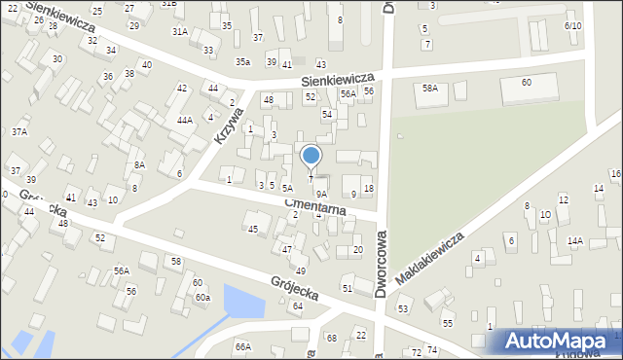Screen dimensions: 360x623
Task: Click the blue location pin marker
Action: point(311,157)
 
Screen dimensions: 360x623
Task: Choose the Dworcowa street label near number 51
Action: point(382,263)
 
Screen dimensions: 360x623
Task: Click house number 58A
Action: point(429,89)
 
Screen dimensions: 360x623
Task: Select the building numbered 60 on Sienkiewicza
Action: point(526,83)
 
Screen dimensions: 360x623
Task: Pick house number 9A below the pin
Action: point(320,195)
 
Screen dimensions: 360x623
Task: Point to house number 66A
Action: point(242,346)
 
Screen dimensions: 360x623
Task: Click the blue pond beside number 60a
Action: point(243,302)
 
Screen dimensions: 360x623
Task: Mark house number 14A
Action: point(574,240)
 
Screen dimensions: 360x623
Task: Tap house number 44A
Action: point(184,121)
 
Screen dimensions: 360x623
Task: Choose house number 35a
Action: point(242,62)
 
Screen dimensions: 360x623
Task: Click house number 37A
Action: point(19,131)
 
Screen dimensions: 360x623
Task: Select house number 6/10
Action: point(572,26)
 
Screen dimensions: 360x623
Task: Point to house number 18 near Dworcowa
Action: point(368,188)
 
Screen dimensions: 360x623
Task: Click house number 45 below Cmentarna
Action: point(253,230)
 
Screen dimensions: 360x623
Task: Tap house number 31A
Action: point(180,31)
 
